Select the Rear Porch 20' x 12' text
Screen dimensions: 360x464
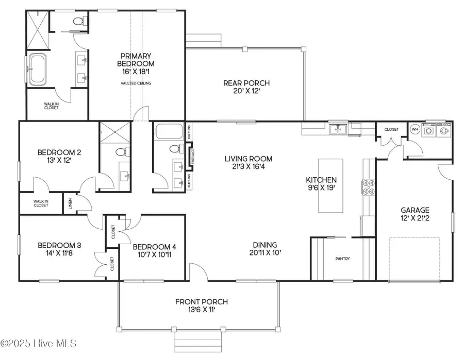click(x=246, y=83)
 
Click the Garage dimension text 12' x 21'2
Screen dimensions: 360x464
click(x=415, y=219)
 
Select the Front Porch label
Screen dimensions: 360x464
click(x=201, y=302)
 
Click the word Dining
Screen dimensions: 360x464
click(x=265, y=245)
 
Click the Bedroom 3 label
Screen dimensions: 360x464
click(x=55, y=245)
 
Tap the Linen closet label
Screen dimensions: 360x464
click(x=70, y=203)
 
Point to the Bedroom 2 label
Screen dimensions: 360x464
click(x=59, y=152)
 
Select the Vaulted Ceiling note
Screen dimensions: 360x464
click(x=136, y=83)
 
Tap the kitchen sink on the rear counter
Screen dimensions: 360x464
click(x=339, y=129)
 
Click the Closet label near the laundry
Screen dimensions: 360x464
click(x=391, y=129)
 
